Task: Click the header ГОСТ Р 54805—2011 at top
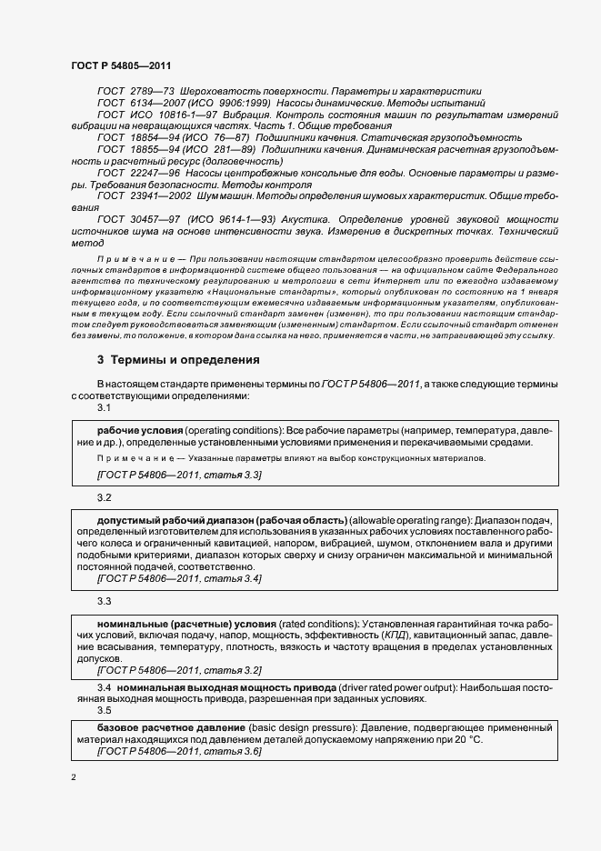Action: click(121, 66)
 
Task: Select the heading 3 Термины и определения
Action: click(178, 360)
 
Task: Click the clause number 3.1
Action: click(104, 408)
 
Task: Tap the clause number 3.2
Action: click(104, 498)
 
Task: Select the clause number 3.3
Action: click(104, 601)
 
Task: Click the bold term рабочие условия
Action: click(140, 428)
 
